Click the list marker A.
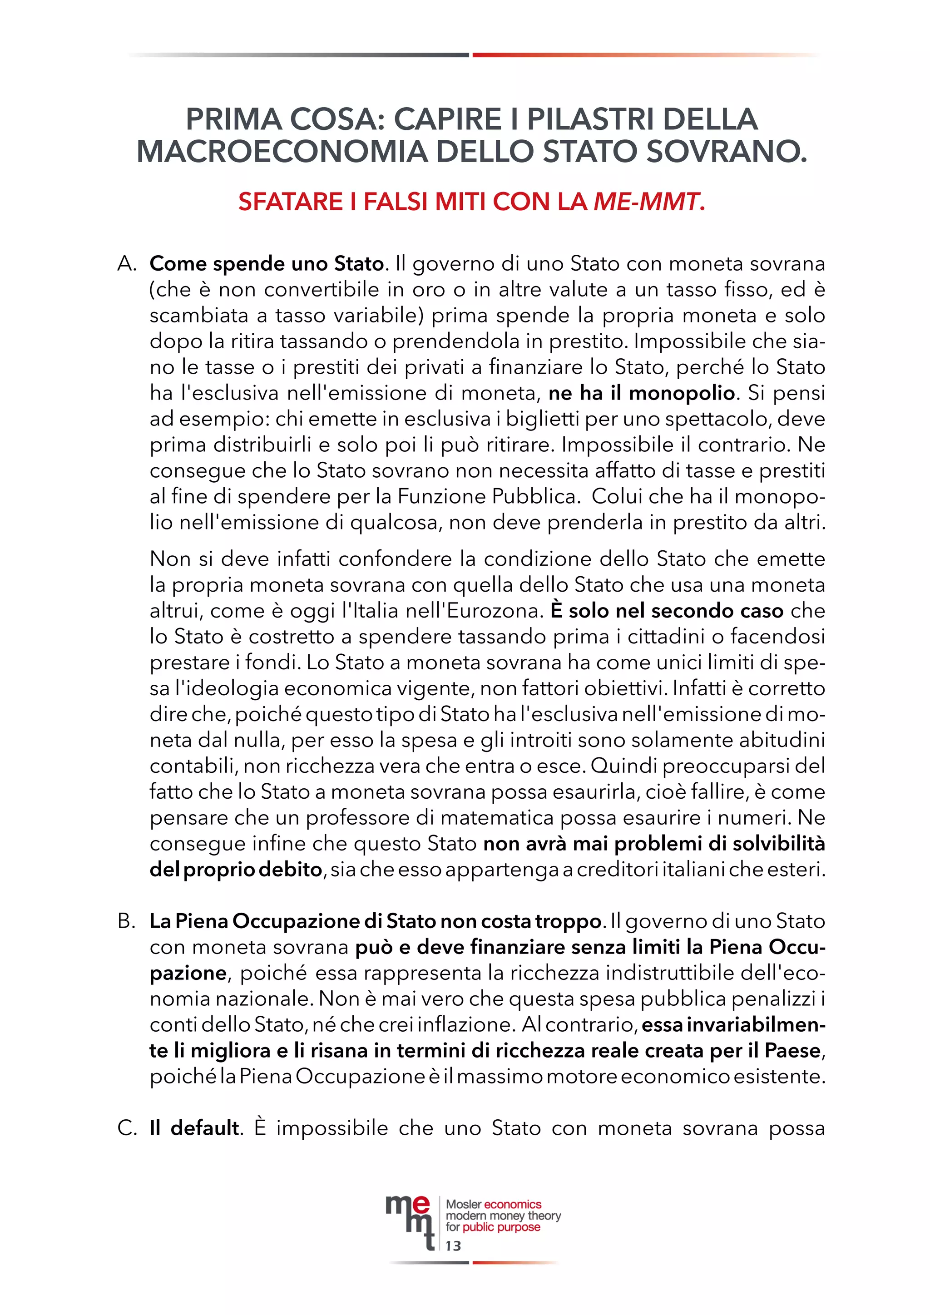(x=127, y=264)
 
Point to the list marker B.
(x=127, y=921)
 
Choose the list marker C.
(x=127, y=1128)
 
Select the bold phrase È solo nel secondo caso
(x=667, y=611)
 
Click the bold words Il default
(x=195, y=1128)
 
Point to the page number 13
(x=453, y=1246)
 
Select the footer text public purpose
(x=501, y=1227)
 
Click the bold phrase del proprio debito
(x=236, y=870)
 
